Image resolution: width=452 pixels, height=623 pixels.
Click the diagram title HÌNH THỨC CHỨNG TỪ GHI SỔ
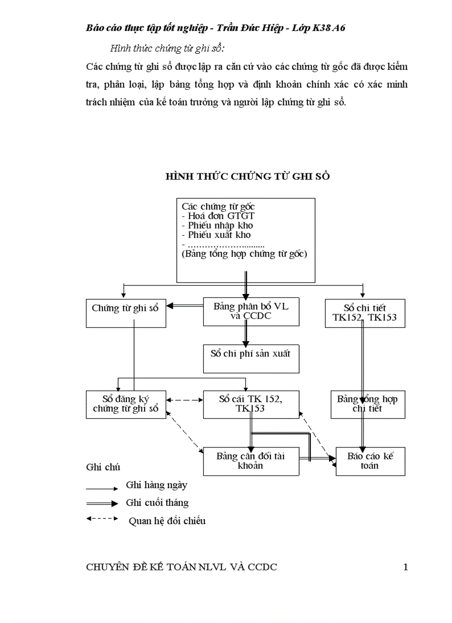(x=248, y=176)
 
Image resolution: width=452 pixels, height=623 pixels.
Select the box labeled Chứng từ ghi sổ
(x=126, y=313)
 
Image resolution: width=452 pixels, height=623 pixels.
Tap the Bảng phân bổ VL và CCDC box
(x=251, y=311)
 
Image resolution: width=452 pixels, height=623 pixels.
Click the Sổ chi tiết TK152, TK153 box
(x=364, y=313)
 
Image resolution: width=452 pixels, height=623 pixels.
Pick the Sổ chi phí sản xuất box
(x=251, y=358)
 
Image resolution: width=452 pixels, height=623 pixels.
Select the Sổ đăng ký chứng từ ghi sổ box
(x=126, y=404)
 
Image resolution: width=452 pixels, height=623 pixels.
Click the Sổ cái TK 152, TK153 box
(x=251, y=404)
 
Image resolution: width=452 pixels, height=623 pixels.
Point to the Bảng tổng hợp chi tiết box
(x=367, y=404)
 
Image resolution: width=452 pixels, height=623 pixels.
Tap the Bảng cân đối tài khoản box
(x=251, y=461)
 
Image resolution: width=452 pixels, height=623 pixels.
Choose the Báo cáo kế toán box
(x=370, y=461)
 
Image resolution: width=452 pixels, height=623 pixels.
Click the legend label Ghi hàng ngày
(x=157, y=485)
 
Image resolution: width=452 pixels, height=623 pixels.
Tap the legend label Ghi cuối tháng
(x=157, y=503)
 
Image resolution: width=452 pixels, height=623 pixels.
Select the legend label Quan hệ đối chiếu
(x=167, y=521)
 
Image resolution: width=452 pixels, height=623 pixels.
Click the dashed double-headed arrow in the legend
(x=102, y=519)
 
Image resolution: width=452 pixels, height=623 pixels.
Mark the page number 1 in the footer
(x=405, y=567)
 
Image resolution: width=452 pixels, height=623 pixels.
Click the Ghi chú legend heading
(x=103, y=467)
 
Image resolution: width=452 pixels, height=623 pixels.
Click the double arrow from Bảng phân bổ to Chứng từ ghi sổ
(x=185, y=306)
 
